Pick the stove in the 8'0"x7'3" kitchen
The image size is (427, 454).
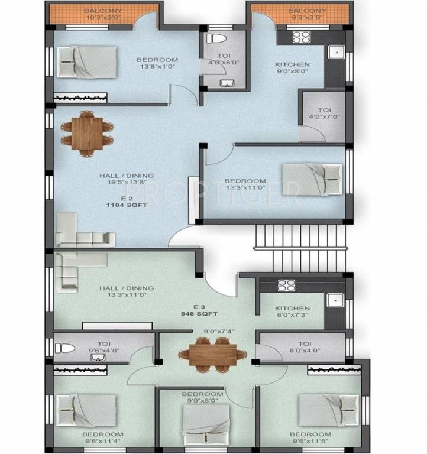click(x=286, y=284)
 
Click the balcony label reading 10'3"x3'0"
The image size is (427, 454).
click(x=103, y=18)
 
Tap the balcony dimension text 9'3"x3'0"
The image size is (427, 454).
click(x=307, y=18)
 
